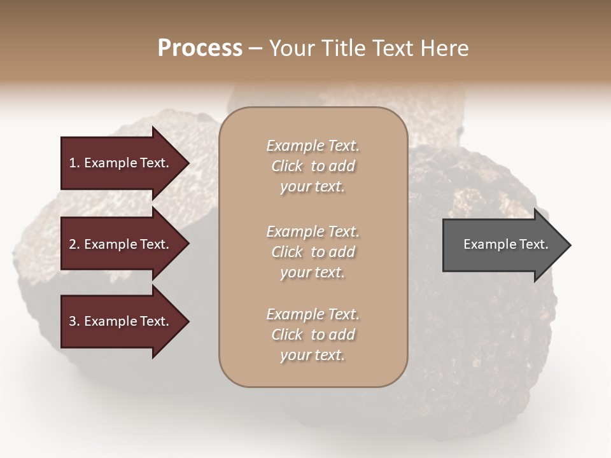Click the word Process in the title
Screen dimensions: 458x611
[200, 48]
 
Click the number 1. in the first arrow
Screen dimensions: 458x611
[74, 163]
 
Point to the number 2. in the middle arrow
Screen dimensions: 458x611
[74, 245]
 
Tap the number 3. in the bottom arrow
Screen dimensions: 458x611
[74, 322]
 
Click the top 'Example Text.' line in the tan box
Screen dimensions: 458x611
[313, 146]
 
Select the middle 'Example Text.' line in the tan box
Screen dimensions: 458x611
[313, 232]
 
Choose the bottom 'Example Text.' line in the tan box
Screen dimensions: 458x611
[313, 314]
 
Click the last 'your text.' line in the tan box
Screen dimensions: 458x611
[313, 356]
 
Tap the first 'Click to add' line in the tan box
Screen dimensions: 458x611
[313, 167]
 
